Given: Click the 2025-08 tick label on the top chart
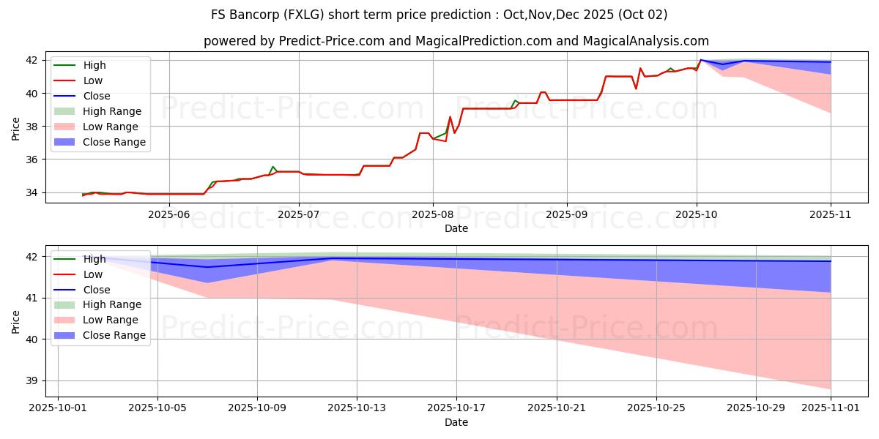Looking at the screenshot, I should pyautogui.click(x=432, y=214).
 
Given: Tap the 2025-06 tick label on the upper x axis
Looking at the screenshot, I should pyautogui.click(x=169, y=214).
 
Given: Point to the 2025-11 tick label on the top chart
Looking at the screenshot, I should pyautogui.click(x=831, y=214).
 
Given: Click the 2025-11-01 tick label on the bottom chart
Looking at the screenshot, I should pyautogui.click(x=831, y=408).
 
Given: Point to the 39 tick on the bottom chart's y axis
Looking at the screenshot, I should pyautogui.click(x=34, y=381).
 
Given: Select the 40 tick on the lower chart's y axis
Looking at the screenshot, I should pyautogui.click(x=34, y=339).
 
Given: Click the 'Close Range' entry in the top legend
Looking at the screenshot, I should pyautogui.click(x=114, y=142).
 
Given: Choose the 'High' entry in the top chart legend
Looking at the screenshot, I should pyautogui.click(x=94, y=65).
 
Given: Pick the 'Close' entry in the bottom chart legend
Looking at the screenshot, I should pyautogui.click(x=97, y=290).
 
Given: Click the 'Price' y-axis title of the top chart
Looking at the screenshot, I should pyautogui.click(x=15, y=129).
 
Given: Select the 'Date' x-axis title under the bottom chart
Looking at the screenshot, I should pyautogui.click(x=456, y=422).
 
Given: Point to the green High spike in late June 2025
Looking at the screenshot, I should pyautogui.click(x=272, y=167).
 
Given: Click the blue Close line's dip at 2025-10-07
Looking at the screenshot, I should pyautogui.click(x=207, y=267).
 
